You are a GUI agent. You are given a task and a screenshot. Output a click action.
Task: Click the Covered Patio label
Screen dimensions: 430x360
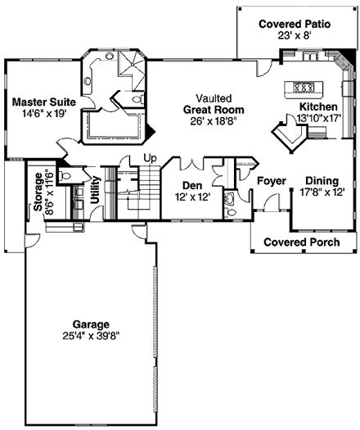pos(295,25)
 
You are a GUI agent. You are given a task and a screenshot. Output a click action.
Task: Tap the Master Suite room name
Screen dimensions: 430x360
pos(44,102)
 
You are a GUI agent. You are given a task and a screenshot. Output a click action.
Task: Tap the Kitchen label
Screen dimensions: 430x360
pos(317,107)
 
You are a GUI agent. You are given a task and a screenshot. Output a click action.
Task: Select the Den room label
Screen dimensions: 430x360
pos(193,186)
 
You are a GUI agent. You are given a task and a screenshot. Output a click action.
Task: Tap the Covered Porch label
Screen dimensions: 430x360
pos(300,242)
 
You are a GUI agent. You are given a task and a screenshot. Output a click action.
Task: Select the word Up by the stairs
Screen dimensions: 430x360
pos(150,157)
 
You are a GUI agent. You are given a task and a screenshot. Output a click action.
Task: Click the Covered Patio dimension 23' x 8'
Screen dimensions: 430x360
pos(295,37)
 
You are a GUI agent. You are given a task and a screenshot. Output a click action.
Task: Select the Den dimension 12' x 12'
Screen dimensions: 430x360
pos(193,197)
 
